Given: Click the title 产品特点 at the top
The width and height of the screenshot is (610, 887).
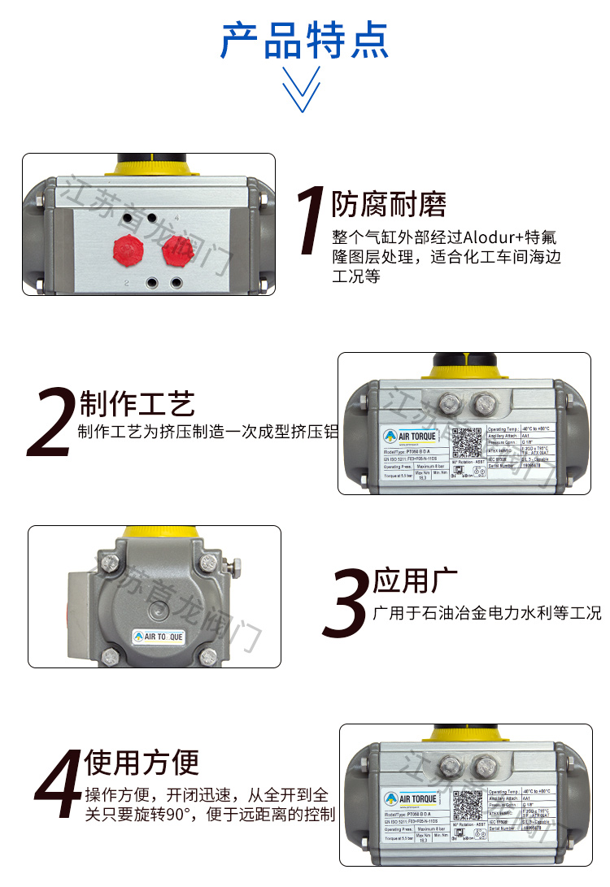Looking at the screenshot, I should point(305,40).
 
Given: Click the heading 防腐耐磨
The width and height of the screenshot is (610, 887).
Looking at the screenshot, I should point(389,205).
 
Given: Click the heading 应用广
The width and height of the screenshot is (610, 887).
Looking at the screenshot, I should point(416,581).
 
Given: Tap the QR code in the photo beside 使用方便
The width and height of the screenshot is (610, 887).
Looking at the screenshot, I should point(468,804).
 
